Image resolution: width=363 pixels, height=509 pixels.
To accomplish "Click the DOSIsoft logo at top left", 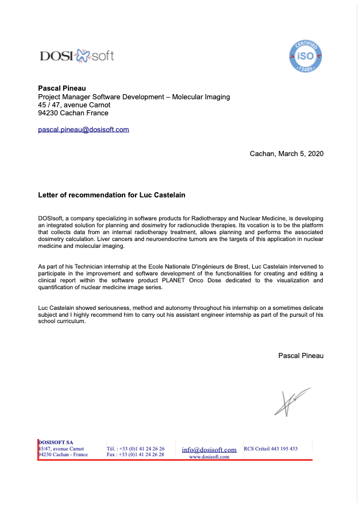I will pos(76,56).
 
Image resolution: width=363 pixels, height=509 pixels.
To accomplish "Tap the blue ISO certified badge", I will pos(305,56).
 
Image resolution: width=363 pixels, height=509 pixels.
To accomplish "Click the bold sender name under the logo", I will pos(61,88).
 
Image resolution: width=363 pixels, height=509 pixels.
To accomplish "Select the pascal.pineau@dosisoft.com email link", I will pos(83,129).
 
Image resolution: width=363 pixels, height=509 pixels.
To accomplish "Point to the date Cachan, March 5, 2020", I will pos(287,154).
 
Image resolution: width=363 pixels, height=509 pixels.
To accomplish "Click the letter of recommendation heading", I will pos(111,195).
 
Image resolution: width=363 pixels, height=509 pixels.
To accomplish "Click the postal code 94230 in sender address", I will pos(48,113).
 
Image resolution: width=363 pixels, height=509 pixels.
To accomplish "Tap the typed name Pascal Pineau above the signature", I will pos(300,356).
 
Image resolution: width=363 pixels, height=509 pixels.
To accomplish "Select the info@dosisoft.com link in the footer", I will pos(209,450).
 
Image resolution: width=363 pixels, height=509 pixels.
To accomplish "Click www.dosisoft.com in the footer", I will pos(209,457).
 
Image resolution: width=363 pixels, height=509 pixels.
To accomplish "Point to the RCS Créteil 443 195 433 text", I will pos(271,449).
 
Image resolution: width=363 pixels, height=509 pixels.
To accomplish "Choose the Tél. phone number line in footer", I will pos(136,449).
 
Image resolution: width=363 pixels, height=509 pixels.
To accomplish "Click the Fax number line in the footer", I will pos(136,454).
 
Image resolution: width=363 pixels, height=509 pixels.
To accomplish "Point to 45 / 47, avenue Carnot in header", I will pos(74,105).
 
